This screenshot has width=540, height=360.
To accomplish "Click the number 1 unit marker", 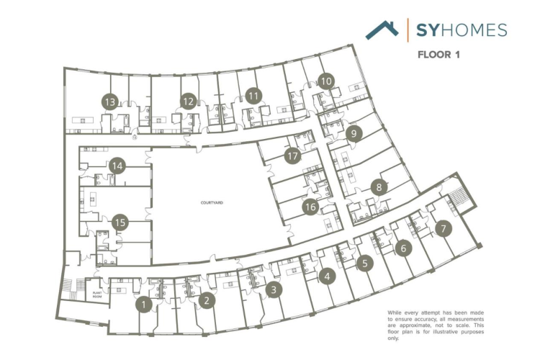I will (x=145, y=305).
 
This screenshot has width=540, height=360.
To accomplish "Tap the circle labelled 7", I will (x=444, y=229).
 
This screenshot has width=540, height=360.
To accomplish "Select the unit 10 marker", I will (x=326, y=81).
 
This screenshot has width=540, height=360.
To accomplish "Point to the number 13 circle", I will (x=110, y=102).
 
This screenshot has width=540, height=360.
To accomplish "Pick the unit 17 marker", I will (x=292, y=155).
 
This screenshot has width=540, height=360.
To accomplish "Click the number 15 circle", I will (x=120, y=222).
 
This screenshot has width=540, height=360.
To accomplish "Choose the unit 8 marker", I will (x=379, y=186).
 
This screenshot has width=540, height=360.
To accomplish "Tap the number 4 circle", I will (x=328, y=275).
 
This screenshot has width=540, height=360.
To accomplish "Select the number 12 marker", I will (x=189, y=102).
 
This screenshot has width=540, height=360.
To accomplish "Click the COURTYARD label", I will (x=212, y=204).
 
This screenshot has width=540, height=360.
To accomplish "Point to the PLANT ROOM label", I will (x=96, y=293).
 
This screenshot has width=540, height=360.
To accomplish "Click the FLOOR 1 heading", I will (x=439, y=53).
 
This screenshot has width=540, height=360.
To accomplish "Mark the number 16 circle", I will (x=310, y=207).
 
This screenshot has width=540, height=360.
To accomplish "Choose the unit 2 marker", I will (x=207, y=300).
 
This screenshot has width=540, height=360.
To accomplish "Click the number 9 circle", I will (x=352, y=133).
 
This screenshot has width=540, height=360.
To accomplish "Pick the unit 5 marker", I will (x=365, y=263).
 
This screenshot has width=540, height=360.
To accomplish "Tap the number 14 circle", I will (x=117, y=166).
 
